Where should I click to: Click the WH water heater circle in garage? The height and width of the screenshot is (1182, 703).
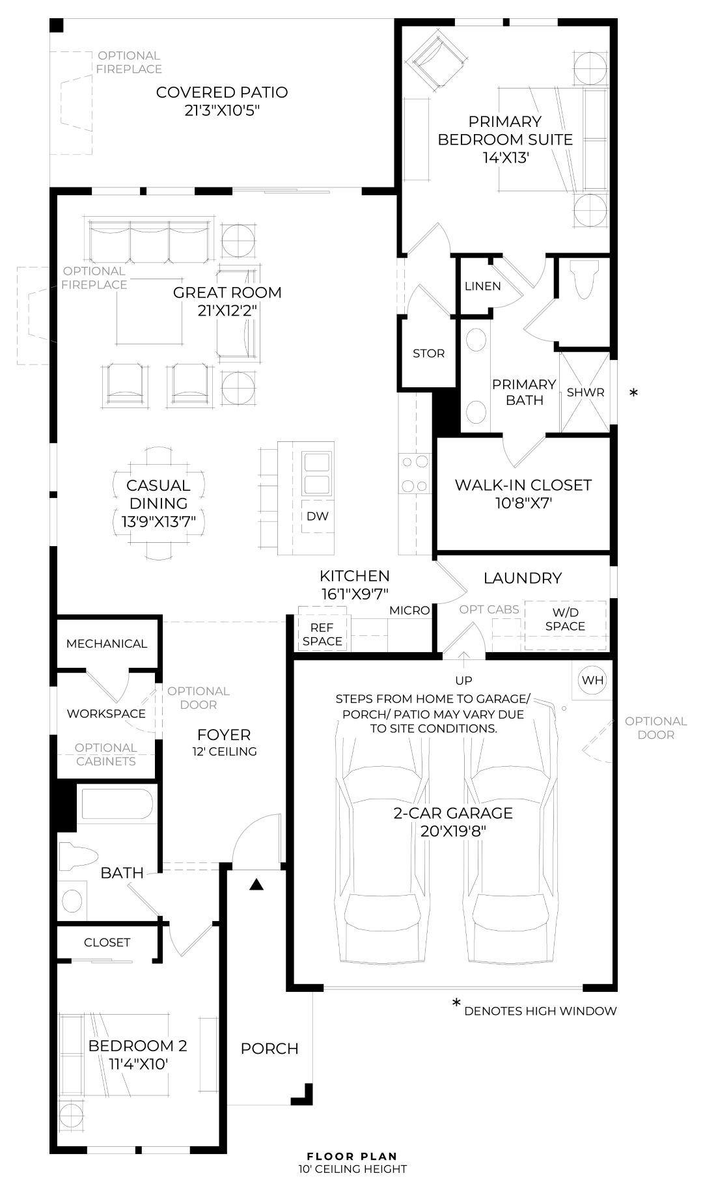tap(592, 680)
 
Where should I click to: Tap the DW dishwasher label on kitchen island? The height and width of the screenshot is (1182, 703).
tap(318, 516)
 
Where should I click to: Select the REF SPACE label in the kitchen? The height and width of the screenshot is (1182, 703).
tap(322, 634)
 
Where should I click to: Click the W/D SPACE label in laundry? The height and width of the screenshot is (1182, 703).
tap(565, 619)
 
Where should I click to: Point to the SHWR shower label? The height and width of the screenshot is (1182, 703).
tap(585, 392)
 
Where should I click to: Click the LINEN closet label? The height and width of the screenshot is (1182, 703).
tap(483, 286)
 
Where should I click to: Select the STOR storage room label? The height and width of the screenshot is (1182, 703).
tap(428, 353)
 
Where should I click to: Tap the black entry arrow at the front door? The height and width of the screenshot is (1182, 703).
tap(256, 885)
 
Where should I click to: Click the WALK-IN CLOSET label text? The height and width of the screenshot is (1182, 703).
tap(523, 485)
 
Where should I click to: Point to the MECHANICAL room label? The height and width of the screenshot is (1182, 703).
tap(107, 644)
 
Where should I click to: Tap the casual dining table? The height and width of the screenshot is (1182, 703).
tap(159, 502)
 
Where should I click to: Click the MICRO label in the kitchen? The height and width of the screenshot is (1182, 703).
tap(409, 610)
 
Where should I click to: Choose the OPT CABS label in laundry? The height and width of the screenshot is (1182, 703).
tap(489, 609)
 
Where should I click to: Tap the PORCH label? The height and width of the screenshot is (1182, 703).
tap(269, 1049)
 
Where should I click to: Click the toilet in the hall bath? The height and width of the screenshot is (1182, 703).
tap(77, 857)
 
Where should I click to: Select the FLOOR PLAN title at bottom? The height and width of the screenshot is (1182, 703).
tap(351, 1157)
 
